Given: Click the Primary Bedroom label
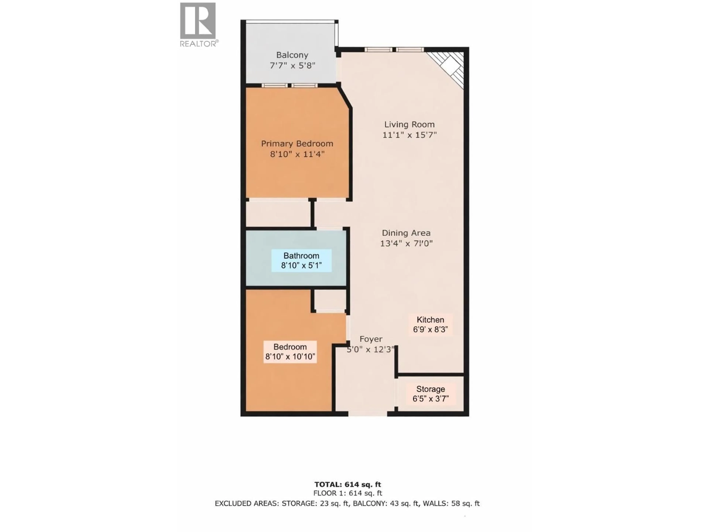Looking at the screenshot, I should tap(297, 144).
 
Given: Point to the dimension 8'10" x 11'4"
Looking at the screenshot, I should tap(297, 154).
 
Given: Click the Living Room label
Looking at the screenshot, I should tap(409, 125).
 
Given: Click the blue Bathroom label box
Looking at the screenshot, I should tap(301, 260).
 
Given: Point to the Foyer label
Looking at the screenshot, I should tap(371, 339).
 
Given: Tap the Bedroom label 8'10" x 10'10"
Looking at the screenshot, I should tap(290, 352).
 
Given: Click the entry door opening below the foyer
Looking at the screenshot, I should tap(368, 414).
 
